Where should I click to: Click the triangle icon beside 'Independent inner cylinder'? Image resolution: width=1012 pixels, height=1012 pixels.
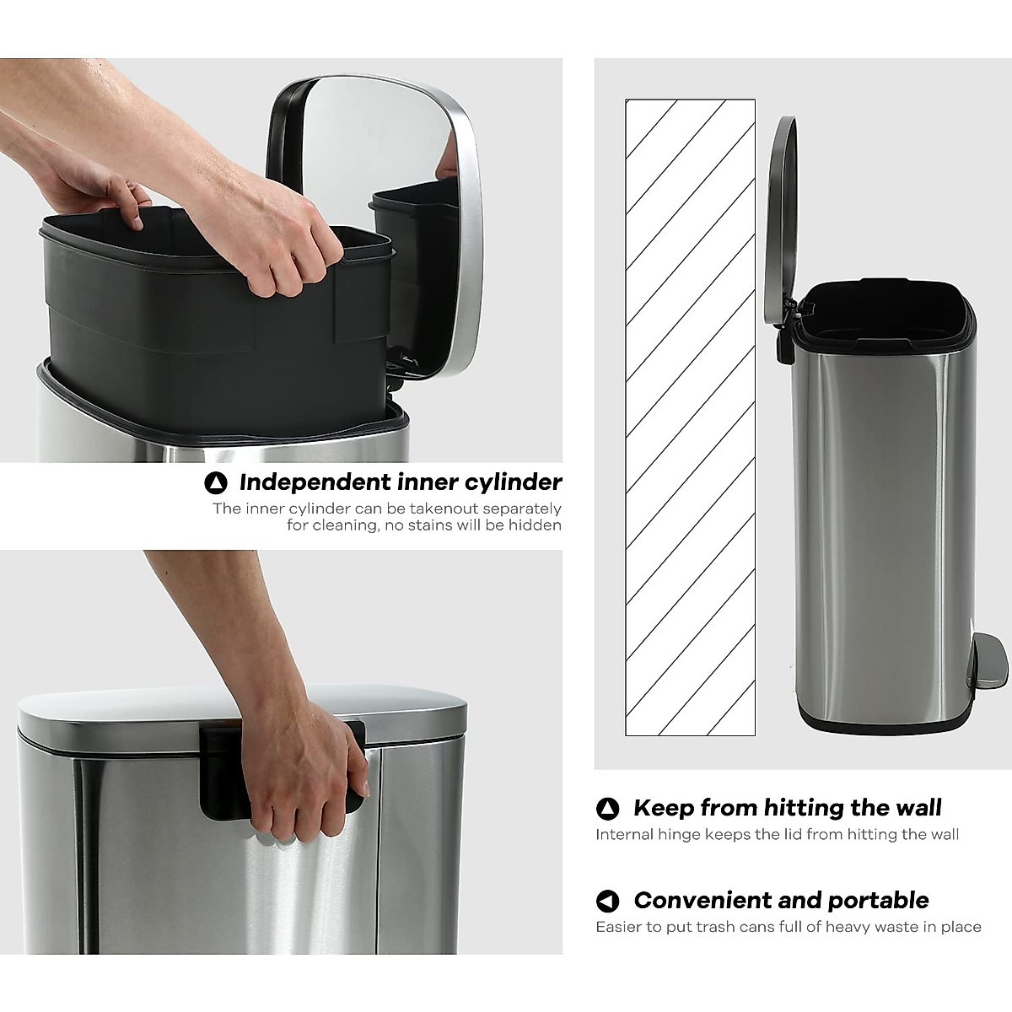(216, 483)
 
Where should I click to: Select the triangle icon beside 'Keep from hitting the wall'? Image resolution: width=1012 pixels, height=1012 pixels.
(607, 809)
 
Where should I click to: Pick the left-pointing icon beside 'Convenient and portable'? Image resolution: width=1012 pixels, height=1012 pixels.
(607, 902)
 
